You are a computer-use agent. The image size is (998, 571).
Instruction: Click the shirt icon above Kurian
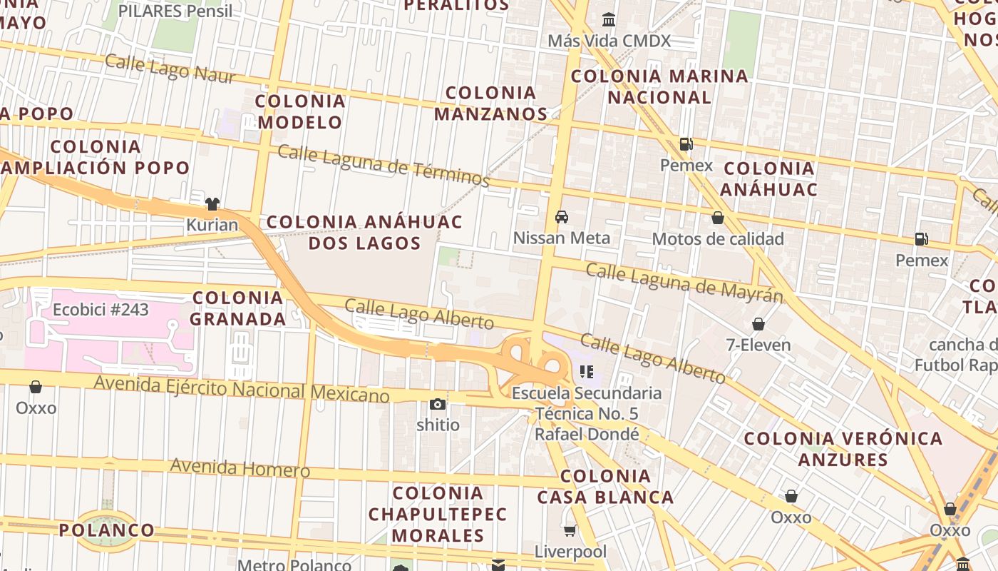pyautogui.click(x=212, y=204)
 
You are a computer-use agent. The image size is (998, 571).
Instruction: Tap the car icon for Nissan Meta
pyautogui.click(x=562, y=217)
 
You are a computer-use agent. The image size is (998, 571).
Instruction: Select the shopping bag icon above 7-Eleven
pyautogui.click(x=758, y=324)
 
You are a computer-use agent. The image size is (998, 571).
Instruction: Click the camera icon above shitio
pyautogui.click(x=438, y=405)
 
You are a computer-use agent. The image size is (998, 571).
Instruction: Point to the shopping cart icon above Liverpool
pyautogui.click(x=570, y=530)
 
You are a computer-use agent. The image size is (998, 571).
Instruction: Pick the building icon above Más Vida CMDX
pyautogui.click(x=609, y=19)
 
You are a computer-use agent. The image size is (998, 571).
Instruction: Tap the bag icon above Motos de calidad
pyautogui.click(x=718, y=218)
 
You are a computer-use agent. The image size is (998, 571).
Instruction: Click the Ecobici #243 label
pyautogui.click(x=101, y=310)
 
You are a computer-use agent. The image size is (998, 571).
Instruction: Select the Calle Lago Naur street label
pyautogui.click(x=170, y=69)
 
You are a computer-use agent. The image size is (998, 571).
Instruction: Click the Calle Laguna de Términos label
pyautogui.click(x=384, y=166)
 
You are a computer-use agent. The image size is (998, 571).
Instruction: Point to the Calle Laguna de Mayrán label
pyautogui.click(x=684, y=282)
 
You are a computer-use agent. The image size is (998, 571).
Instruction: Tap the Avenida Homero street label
pyautogui.click(x=240, y=468)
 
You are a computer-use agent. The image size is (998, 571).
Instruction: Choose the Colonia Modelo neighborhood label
pyautogui.click(x=300, y=111)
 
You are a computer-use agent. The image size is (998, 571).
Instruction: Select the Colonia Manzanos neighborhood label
pyautogui.click(x=490, y=103)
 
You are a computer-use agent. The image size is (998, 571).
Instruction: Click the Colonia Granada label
pyautogui.click(x=238, y=308)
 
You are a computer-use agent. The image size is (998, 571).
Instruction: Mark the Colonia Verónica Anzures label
pyautogui.click(x=843, y=449)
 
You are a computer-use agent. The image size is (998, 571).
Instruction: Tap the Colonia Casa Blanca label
pyautogui.click(x=605, y=487)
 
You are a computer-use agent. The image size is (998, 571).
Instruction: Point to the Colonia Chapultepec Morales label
pyautogui.click(x=438, y=514)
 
